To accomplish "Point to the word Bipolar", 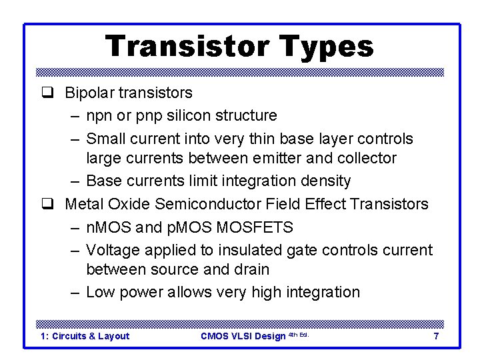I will tap(88, 93).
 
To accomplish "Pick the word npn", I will tap(100, 116).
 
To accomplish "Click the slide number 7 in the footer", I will tap(436, 336).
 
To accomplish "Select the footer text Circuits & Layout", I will tap(91, 336).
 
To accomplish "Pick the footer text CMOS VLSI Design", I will tap(243, 336).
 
